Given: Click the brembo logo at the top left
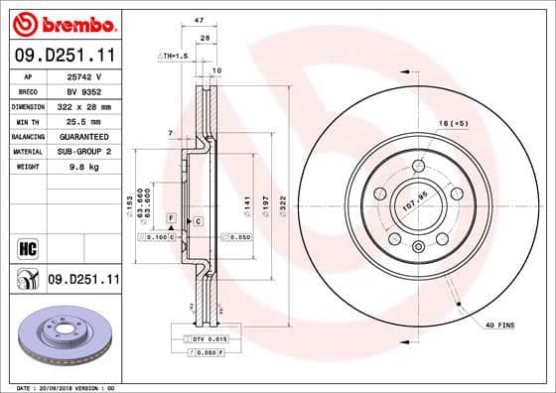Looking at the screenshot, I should [x=62, y=23].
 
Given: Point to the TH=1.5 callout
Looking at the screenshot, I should [x=176, y=58].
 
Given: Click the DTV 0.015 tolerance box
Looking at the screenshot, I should [x=205, y=339].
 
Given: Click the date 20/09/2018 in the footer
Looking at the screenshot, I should [x=66, y=386].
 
